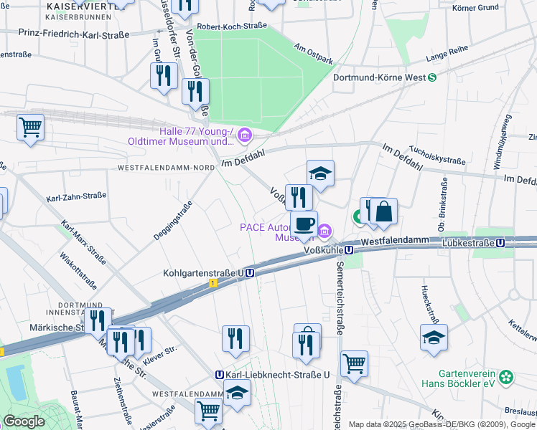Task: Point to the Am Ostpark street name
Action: (x=314, y=54)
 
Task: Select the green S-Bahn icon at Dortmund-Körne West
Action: (x=432, y=77)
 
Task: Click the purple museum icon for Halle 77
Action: (x=246, y=135)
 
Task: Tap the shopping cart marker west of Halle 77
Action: (x=30, y=128)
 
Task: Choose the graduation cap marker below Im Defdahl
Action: (x=320, y=173)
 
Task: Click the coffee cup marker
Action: (x=304, y=222)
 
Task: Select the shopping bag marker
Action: (x=383, y=211)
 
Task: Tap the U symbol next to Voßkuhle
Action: (x=348, y=250)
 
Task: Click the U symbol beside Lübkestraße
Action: (x=500, y=243)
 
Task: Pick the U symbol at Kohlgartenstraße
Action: (x=249, y=273)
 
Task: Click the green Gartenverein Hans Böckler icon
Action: (x=508, y=376)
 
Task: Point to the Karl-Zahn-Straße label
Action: (x=76, y=196)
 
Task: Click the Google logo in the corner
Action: (x=24, y=421)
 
